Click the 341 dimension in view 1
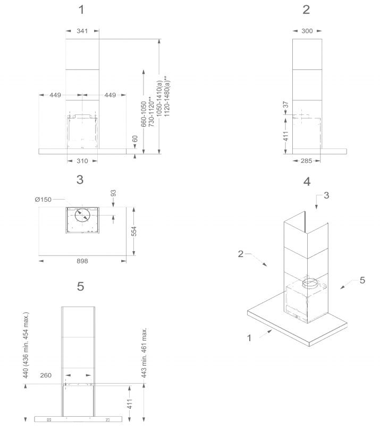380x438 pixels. (82, 31)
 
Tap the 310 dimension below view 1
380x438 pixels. (82, 161)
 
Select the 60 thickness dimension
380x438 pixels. (135, 139)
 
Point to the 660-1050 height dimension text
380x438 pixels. (143, 114)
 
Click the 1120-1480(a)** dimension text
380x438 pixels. (167, 96)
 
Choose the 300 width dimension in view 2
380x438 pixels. (307, 31)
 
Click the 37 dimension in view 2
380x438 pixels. (285, 105)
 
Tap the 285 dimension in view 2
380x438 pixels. (306, 161)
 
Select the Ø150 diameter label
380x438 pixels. (43, 200)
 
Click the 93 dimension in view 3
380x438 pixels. (113, 193)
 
